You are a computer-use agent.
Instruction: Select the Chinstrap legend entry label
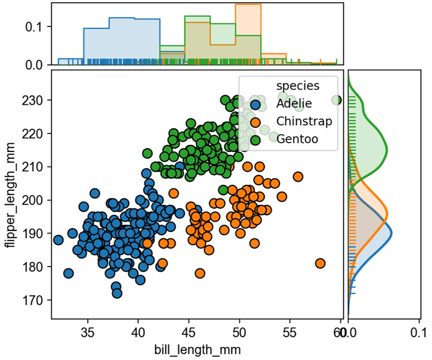point(304,121)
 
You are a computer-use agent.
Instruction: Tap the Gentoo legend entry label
point(297,139)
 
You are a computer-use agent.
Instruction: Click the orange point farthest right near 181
point(320,263)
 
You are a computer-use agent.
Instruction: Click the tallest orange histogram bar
point(248,32)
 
